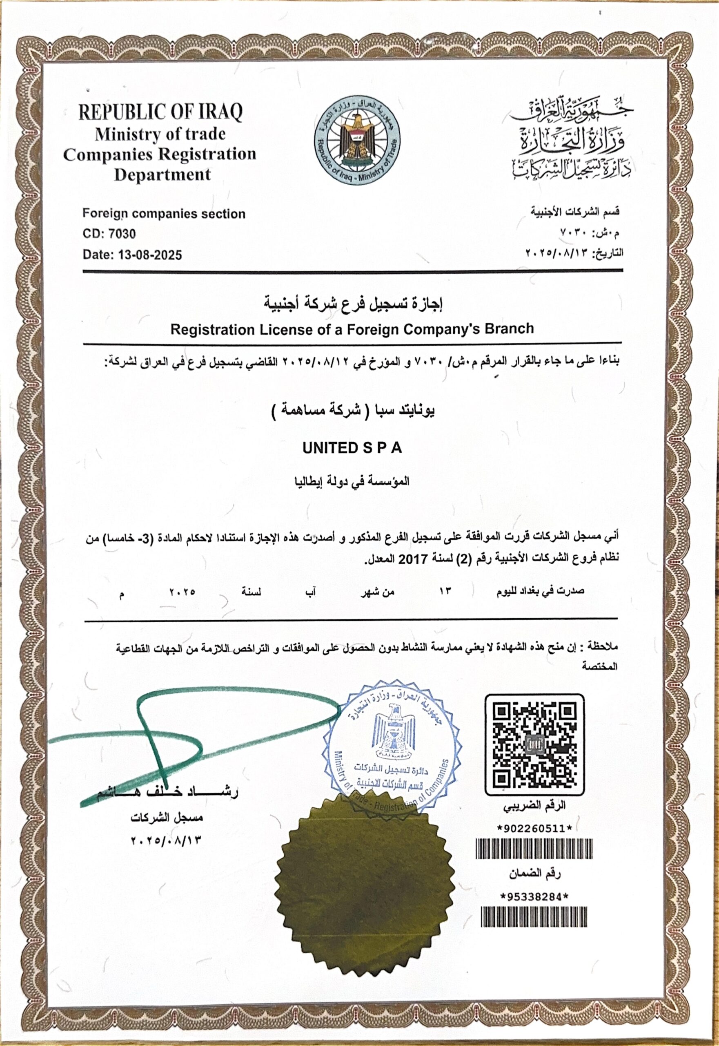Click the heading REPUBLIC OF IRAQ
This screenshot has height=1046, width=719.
pos(160,112)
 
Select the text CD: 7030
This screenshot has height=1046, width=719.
pos(109,234)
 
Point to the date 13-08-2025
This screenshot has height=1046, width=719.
pos(150,255)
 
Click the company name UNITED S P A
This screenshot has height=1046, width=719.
pos(352,448)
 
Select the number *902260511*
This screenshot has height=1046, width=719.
pos(534,829)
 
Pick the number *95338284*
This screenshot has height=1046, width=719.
pos(534,897)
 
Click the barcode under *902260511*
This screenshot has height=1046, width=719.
pos(534,849)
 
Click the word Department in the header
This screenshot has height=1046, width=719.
pos(162,175)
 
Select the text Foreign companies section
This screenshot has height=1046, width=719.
pos(164,214)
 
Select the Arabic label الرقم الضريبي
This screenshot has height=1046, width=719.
pos(534,805)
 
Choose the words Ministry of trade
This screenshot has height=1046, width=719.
pos(160,134)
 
